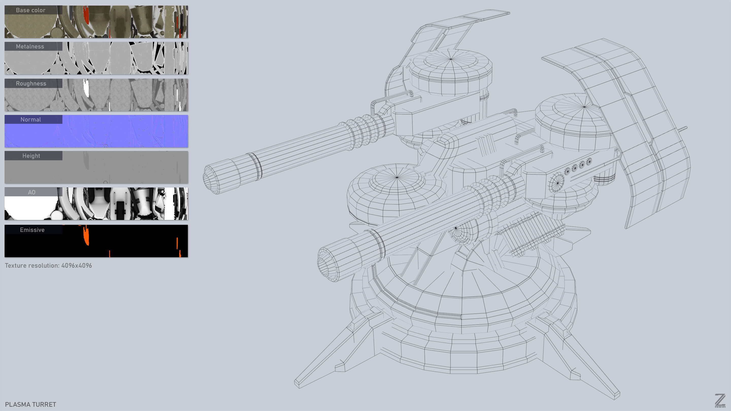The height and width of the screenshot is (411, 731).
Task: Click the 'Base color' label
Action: [31, 10]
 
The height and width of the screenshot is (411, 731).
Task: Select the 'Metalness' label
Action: [30, 46]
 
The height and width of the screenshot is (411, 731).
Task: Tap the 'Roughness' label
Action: [31, 83]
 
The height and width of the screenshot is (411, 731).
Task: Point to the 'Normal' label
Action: [31, 119]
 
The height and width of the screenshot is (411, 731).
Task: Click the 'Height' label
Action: [31, 156]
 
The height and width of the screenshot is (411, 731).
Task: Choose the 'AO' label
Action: [31, 192]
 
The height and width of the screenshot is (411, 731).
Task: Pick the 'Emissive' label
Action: [32, 230]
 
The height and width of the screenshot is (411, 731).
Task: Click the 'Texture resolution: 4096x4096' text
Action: [48, 265]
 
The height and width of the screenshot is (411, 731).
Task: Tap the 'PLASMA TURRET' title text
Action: [31, 404]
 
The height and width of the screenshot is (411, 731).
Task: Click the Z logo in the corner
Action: [720, 401]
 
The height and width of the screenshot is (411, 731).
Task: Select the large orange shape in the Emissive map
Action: [86, 235]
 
